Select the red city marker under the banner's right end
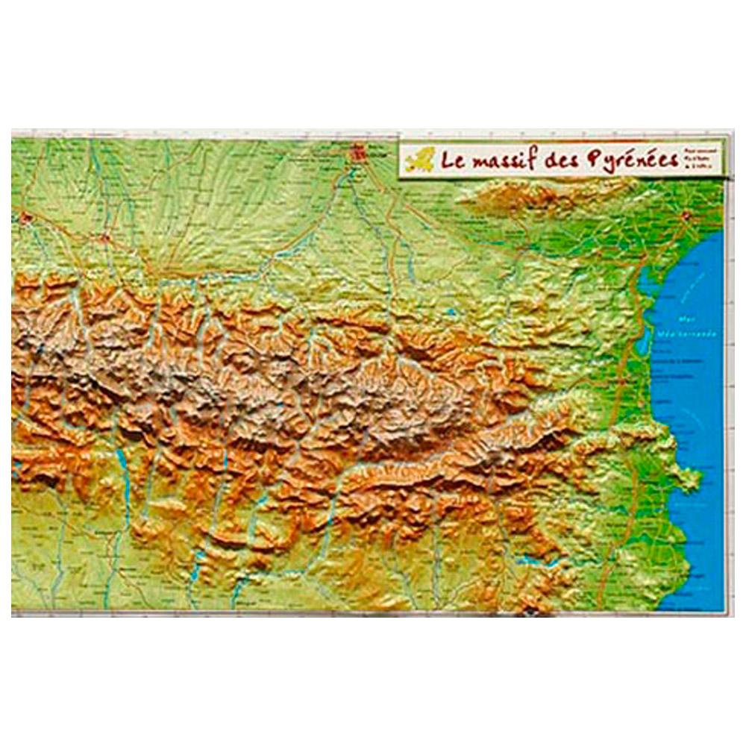(x=685, y=216)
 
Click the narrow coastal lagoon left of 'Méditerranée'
(x=645, y=298)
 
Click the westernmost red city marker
(x=27, y=219)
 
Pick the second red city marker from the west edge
(x=106, y=240)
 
